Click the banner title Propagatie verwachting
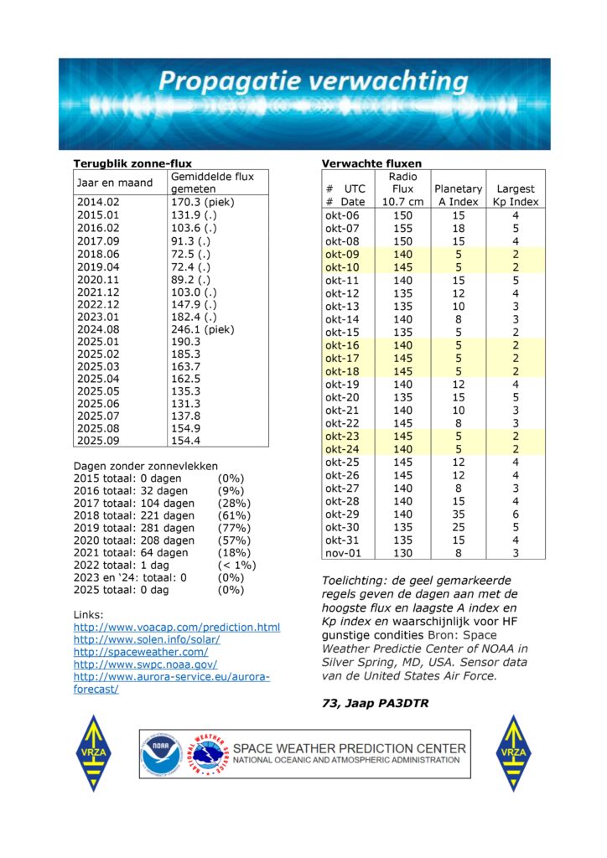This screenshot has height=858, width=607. tap(314, 82)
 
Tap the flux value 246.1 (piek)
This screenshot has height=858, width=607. tap(203, 329)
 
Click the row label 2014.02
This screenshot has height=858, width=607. tap(98, 202)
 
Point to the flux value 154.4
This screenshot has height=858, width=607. tap(186, 439)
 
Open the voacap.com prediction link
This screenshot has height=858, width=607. tap(177, 627)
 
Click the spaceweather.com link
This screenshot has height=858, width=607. tap(141, 651)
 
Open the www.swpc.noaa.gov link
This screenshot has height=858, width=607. tap(144, 664)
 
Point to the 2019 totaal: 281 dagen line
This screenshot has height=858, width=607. tap(134, 528)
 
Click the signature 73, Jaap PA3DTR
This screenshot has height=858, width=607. tap(376, 703)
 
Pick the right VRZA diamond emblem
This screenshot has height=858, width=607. tap(512, 752)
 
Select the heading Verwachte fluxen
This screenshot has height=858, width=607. tap(371, 163)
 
